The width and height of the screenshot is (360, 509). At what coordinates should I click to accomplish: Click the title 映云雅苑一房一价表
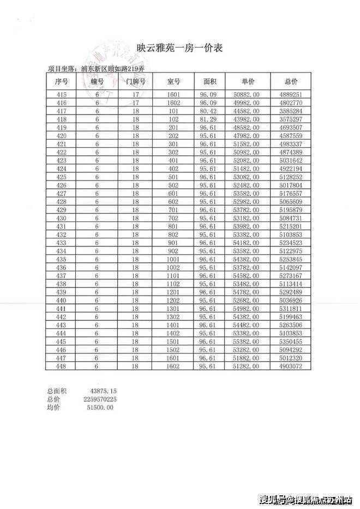coord(179,49)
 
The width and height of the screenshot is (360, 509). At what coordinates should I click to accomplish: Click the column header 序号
coord(61,82)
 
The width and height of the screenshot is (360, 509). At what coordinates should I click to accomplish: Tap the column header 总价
coord(291,82)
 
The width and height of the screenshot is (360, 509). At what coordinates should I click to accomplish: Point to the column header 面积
coord(210,82)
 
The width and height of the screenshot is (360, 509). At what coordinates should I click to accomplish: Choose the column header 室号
coord(173,82)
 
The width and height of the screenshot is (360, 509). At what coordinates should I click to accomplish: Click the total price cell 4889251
coord(291,94)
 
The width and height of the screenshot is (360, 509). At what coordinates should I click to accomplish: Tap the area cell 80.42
coord(210,111)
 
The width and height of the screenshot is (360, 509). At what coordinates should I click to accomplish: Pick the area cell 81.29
coord(210,119)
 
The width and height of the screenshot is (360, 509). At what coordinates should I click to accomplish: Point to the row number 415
coord(61,94)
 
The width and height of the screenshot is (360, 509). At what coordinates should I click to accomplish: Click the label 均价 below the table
coord(53,408)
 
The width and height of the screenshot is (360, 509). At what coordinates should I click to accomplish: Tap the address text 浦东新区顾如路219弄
coord(116,69)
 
